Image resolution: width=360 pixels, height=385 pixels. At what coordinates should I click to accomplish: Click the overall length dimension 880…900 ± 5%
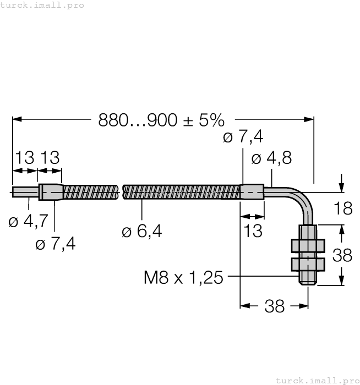(x=161, y=120)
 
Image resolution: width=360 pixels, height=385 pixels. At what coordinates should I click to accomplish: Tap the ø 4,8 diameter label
(x=271, y=158)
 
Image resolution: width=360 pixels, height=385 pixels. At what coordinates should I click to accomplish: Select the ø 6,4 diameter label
(x=142, y=232)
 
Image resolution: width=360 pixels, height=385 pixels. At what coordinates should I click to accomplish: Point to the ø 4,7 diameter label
(x=29, y=222)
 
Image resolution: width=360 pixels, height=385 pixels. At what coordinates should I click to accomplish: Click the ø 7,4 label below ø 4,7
(x=55, y=244)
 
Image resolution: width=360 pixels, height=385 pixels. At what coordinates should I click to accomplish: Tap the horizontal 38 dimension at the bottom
(x=274, y=306)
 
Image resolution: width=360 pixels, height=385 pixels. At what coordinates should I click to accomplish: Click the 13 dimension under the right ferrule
(x=253, y=230)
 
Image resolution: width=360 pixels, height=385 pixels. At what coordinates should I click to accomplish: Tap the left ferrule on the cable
(x=50, y=192)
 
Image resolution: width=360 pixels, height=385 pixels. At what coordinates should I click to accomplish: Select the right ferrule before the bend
(x=253, y=193)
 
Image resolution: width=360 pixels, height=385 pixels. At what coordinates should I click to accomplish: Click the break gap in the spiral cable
(x=121, y=193)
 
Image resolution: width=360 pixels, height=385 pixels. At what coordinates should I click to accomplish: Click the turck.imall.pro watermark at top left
(x=42, y=5)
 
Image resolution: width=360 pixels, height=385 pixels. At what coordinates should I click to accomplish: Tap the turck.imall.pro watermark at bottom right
(x=317, y=380)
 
